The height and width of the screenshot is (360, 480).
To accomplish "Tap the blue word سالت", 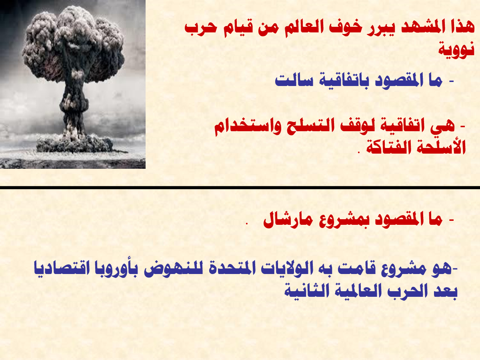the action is (294, 80).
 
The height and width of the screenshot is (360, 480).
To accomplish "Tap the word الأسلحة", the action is (441, 146).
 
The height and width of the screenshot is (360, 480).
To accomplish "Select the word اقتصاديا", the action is (62, 268).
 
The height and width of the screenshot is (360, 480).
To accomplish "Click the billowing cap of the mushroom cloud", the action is (73, 44).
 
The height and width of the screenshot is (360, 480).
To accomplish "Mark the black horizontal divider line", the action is (240, 188).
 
